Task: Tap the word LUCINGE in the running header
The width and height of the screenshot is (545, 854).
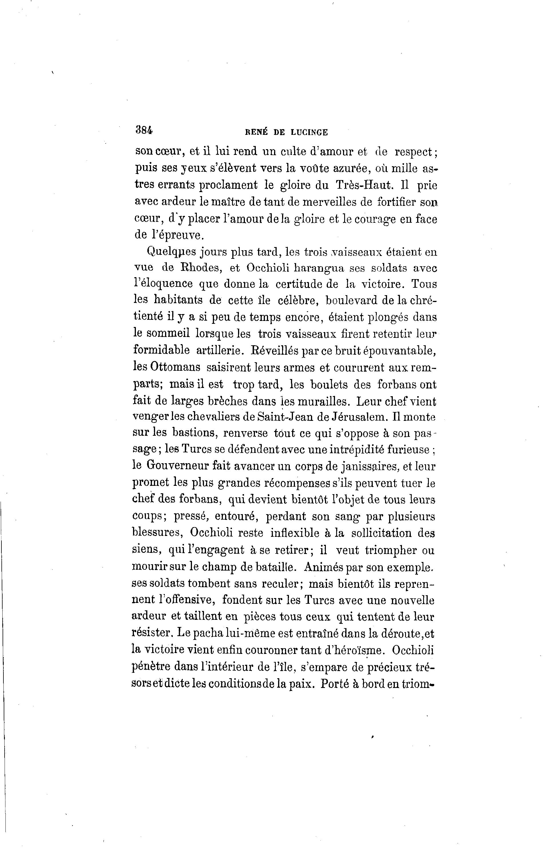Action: pyautogui.click(x=309, y=133)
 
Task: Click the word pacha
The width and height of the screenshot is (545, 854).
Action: pyautogui.click(x=209, y=632)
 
